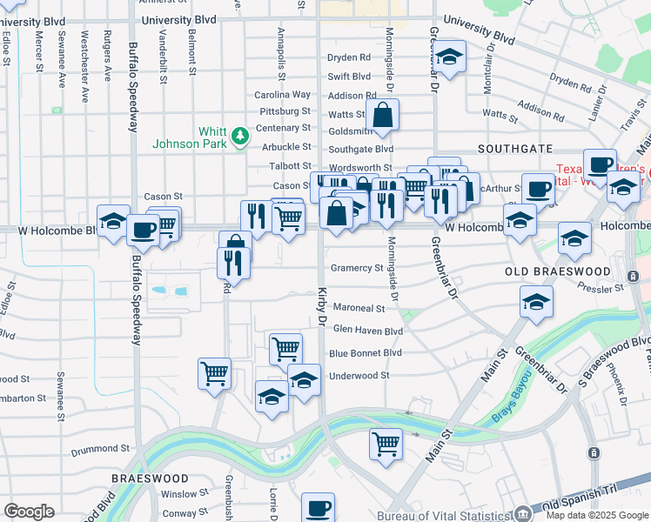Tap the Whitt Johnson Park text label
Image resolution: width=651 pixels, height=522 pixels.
(x=201, y=137)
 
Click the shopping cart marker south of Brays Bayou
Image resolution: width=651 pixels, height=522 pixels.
(x=386, y=443)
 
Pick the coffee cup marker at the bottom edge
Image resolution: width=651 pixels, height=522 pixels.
(x=318, y=507)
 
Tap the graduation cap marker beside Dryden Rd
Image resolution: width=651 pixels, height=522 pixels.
(x=449, y=59)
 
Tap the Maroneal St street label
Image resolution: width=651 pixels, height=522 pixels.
(x=358, y=308)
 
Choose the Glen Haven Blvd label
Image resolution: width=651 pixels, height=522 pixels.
(x=368, y=331)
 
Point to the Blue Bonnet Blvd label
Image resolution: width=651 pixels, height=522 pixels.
(x=366, y=353)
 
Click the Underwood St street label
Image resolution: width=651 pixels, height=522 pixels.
(x=359, y=375)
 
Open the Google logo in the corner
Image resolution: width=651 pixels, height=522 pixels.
(x=29, y=512)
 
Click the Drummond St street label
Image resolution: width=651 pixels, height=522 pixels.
(x=100, y=449)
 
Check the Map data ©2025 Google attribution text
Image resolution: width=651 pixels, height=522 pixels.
(x=596, y=515)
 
